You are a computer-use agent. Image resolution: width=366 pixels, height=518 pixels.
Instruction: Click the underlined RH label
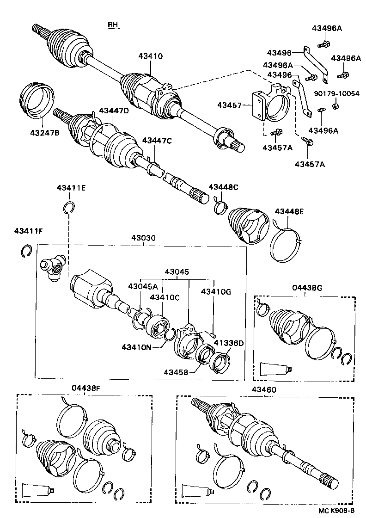tap(113, 25)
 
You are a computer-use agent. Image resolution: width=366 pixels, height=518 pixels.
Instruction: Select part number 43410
tap(150, 56)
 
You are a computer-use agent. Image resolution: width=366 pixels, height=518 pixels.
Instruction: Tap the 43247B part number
tap(44, 133)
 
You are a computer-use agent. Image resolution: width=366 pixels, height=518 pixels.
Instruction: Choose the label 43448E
tap(289, 211)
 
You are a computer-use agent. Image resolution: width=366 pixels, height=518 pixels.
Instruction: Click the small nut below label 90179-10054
tap(336, 106)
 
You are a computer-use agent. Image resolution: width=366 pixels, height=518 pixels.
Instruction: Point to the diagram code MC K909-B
tap(336, 511)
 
